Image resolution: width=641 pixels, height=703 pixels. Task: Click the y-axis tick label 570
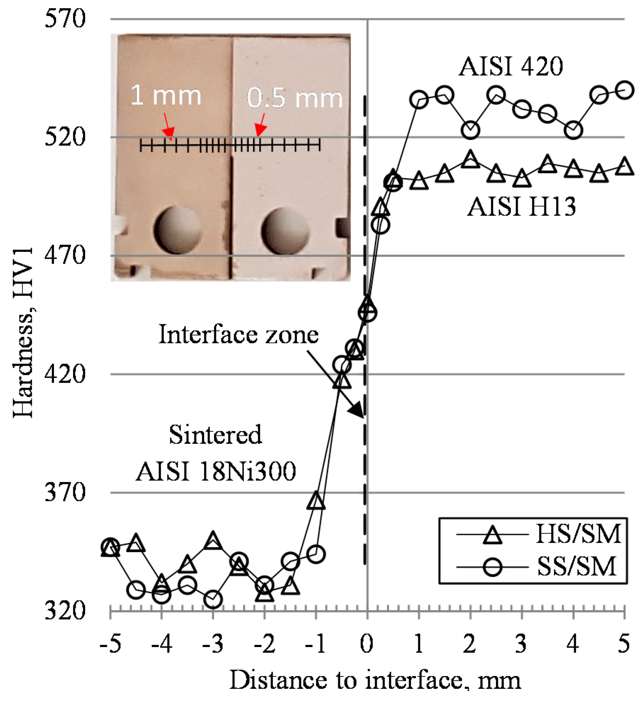(65, 18)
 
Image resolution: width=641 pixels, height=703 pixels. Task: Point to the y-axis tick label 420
(65, 374)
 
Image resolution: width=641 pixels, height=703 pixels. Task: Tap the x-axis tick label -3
(212, 643)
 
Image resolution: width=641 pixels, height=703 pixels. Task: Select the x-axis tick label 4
(573, 643)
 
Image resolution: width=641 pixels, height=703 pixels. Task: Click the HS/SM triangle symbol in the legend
(492, 534)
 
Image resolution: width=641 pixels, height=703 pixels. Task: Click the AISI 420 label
(511, 66)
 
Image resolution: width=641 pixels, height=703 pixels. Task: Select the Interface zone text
(238, 334)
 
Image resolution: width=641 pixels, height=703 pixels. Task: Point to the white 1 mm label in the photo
(165, 96)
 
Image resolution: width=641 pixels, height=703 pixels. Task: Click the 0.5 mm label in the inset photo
(295, 98)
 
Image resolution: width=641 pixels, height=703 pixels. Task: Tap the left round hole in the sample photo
(178, 230)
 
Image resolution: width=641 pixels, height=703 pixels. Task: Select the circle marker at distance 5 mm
(624, 90)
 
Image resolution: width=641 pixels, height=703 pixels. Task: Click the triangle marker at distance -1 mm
(316, 501)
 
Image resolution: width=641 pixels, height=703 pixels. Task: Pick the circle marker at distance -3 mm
(213, 599)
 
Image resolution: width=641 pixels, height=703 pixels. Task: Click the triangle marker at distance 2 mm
(470, 160)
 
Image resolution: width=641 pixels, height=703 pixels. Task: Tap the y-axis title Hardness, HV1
(23, 333)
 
